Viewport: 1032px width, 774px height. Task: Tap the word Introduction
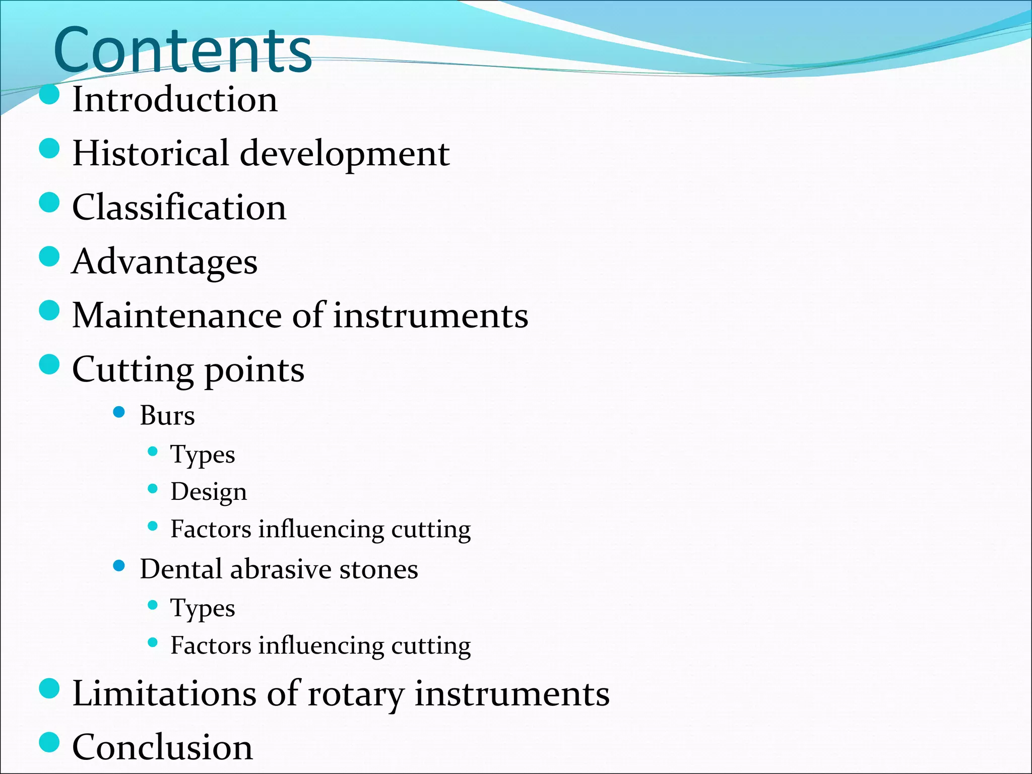[175, 99]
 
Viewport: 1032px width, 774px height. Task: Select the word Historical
[151, 153]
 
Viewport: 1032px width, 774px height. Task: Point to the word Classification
[179, 208]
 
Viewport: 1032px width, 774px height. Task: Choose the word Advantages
[165, 262]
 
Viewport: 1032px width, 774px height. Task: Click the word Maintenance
[177, 316]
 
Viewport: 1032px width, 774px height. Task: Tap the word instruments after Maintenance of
[431, 316]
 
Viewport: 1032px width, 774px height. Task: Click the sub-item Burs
[167, 416]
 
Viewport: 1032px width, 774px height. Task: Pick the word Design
[209, 492]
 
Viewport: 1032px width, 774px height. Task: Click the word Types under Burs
[203, 455]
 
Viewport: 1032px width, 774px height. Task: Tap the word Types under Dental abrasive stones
[203, 609]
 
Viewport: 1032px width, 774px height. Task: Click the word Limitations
[164, 694]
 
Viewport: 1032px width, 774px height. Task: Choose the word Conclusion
[162, 747]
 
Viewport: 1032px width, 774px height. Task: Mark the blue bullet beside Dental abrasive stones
[119, 566]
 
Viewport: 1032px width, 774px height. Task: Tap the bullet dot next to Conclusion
[49, 742]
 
